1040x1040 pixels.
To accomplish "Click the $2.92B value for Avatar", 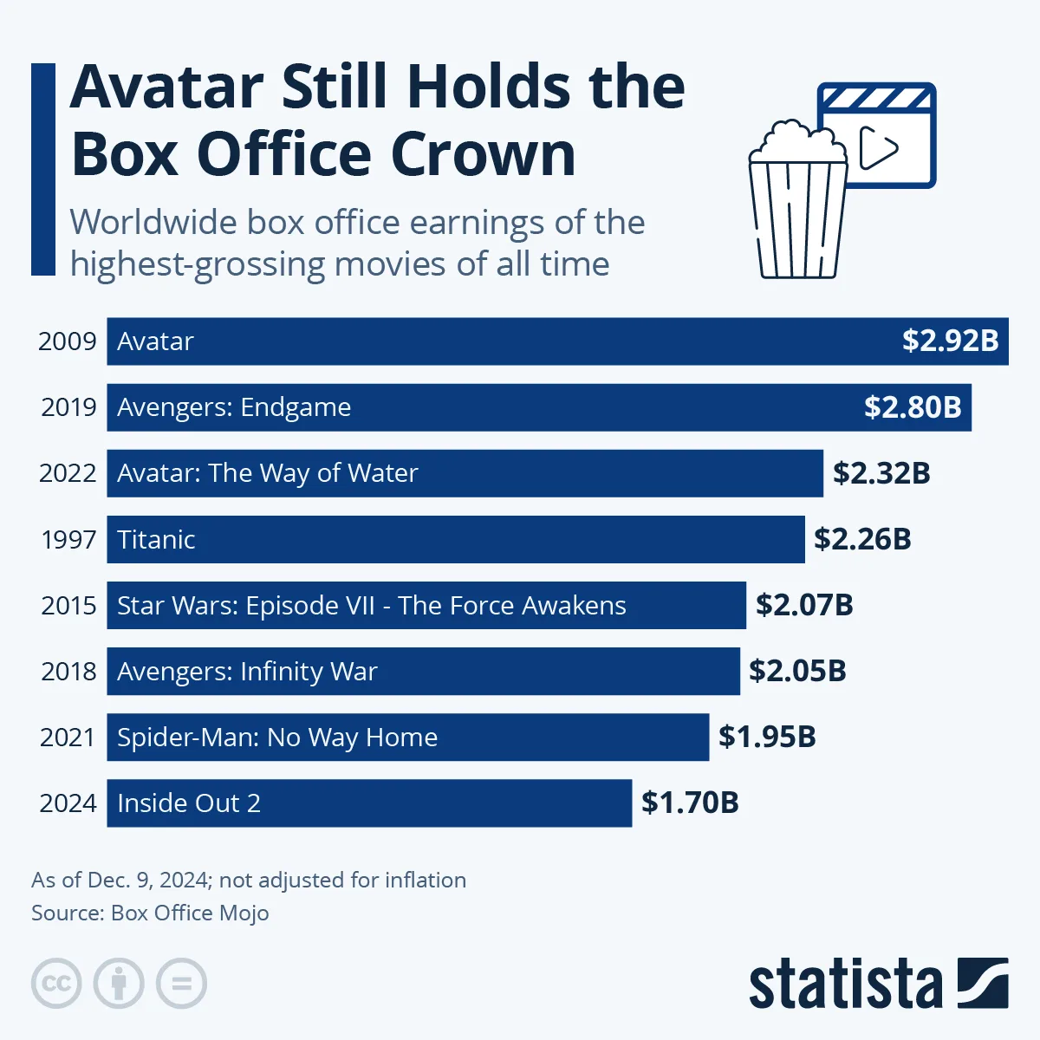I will [950, 341].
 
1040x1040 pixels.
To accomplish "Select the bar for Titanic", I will [456, 539].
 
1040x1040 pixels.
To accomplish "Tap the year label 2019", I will [68, 407].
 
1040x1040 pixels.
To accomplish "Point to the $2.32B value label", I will [881, 473].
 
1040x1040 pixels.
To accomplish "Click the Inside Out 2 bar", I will [369, 803].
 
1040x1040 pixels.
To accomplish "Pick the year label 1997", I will [68, 539].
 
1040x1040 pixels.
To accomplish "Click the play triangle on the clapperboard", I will [878, 148].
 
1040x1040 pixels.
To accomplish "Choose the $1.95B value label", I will [767, 737].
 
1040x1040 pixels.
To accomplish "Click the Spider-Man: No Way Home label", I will [277, 738].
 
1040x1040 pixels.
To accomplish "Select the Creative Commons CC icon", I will [56, 984].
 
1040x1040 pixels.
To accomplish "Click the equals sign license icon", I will [181, 984].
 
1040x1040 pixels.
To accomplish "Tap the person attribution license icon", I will [119, 984].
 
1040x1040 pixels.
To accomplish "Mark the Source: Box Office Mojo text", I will [150, 913].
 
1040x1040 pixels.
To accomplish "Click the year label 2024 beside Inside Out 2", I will [68, 803].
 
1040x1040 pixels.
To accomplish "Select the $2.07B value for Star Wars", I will [804, 605].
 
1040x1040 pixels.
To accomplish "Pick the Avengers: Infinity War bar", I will [423, 671].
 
